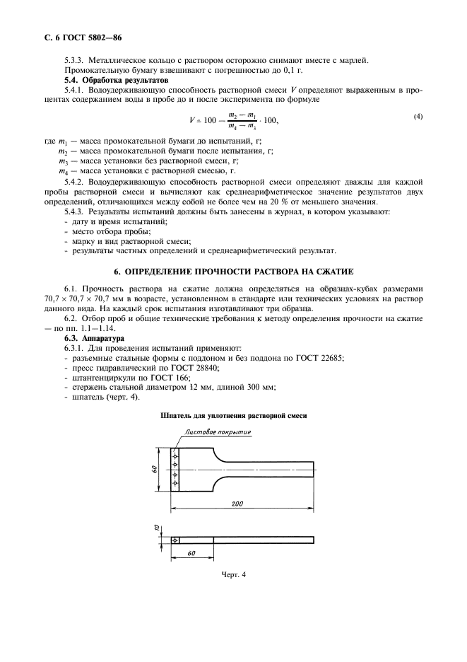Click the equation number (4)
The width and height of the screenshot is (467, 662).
click(x=418, y=116)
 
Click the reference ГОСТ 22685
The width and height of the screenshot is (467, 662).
click(x=319, y=359)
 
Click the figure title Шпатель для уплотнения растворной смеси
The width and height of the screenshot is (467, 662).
click(x=233, y=417)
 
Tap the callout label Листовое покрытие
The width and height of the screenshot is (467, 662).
click(x=218, y=432)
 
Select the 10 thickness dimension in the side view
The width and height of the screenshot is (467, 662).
click(x=158, y=528)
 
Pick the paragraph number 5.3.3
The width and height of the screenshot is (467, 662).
click(x=75, y=60)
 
